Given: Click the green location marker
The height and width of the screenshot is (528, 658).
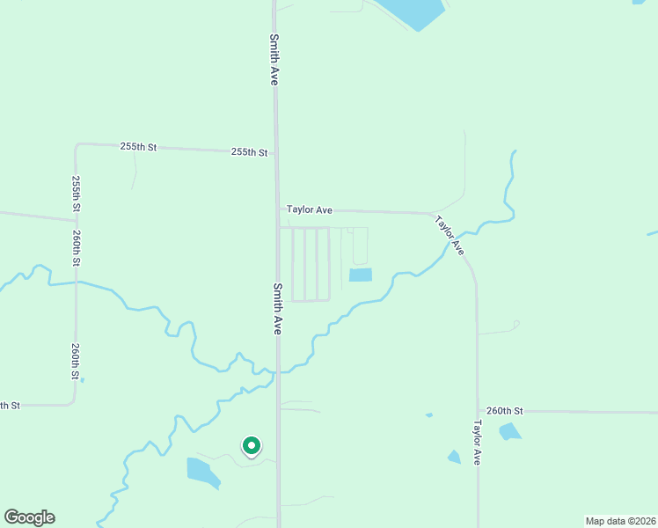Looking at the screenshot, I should coord(251,446).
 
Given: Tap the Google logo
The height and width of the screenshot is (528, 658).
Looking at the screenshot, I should coord(29,517).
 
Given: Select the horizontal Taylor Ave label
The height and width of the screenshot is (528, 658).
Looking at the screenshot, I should coord(310,210).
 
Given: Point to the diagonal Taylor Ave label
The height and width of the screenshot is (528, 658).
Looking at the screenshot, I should coord(449,236).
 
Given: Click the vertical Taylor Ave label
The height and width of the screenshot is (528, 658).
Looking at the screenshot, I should coord(477,442).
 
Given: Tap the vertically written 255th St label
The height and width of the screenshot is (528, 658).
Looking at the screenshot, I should coord(77,193).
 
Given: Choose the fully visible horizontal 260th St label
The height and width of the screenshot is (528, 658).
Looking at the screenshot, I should coord(504,411).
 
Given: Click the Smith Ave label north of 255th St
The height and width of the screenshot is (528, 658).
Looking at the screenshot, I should coord(274,59).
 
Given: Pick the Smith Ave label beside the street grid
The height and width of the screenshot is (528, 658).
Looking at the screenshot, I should coord(277,308).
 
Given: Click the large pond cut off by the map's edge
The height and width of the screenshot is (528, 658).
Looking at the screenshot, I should coord(413,12).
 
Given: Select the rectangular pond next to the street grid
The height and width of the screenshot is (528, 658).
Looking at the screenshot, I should coord(361,275).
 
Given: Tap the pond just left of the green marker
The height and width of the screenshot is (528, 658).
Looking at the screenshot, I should coord(203,473).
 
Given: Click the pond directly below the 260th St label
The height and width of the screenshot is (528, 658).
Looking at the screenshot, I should coord(509,431).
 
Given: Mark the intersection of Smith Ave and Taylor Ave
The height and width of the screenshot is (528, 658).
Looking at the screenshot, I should coord(278,209).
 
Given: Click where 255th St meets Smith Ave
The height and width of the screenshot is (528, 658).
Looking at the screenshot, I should coord(276,153).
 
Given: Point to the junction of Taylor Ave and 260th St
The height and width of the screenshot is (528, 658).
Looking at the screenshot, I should coord(478,411).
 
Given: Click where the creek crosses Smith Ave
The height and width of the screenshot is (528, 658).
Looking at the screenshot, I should coord(279,372).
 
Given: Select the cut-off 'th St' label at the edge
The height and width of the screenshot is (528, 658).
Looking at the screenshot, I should coord(10,406).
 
